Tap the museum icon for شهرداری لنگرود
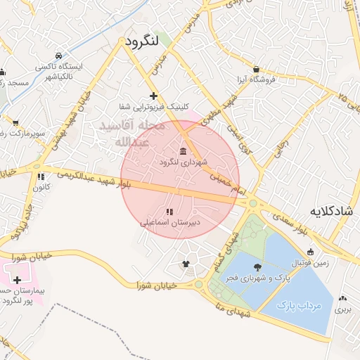click(184, 152)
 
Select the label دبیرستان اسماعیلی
click(169, 221)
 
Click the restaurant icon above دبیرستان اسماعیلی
click(169, 211)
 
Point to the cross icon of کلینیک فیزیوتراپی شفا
click(153, 96)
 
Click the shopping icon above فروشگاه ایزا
click(256, 70)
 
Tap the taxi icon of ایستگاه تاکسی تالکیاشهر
click(61, 56)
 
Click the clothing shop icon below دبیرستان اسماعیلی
click(186, 264)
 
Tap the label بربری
click(342, 309)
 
